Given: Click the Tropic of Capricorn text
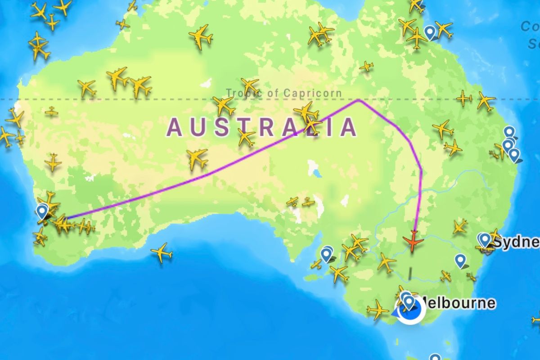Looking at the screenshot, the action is (283, 93).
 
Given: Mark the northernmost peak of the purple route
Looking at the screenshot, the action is (359, 100).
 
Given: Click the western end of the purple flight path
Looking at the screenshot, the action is (66, 219).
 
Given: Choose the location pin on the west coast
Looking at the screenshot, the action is (42, 211).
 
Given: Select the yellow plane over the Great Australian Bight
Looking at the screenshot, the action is (162, 253).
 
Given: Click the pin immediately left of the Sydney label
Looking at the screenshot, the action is (485, 239).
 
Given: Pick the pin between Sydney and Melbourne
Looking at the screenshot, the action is (460, 260).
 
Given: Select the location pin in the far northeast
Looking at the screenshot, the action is (431, 32).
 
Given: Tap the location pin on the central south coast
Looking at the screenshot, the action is (326, 255).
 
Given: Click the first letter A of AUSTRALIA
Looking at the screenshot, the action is (174, 127).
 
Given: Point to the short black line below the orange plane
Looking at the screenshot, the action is (410, 274).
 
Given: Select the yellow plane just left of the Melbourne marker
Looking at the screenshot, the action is (377, 310).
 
